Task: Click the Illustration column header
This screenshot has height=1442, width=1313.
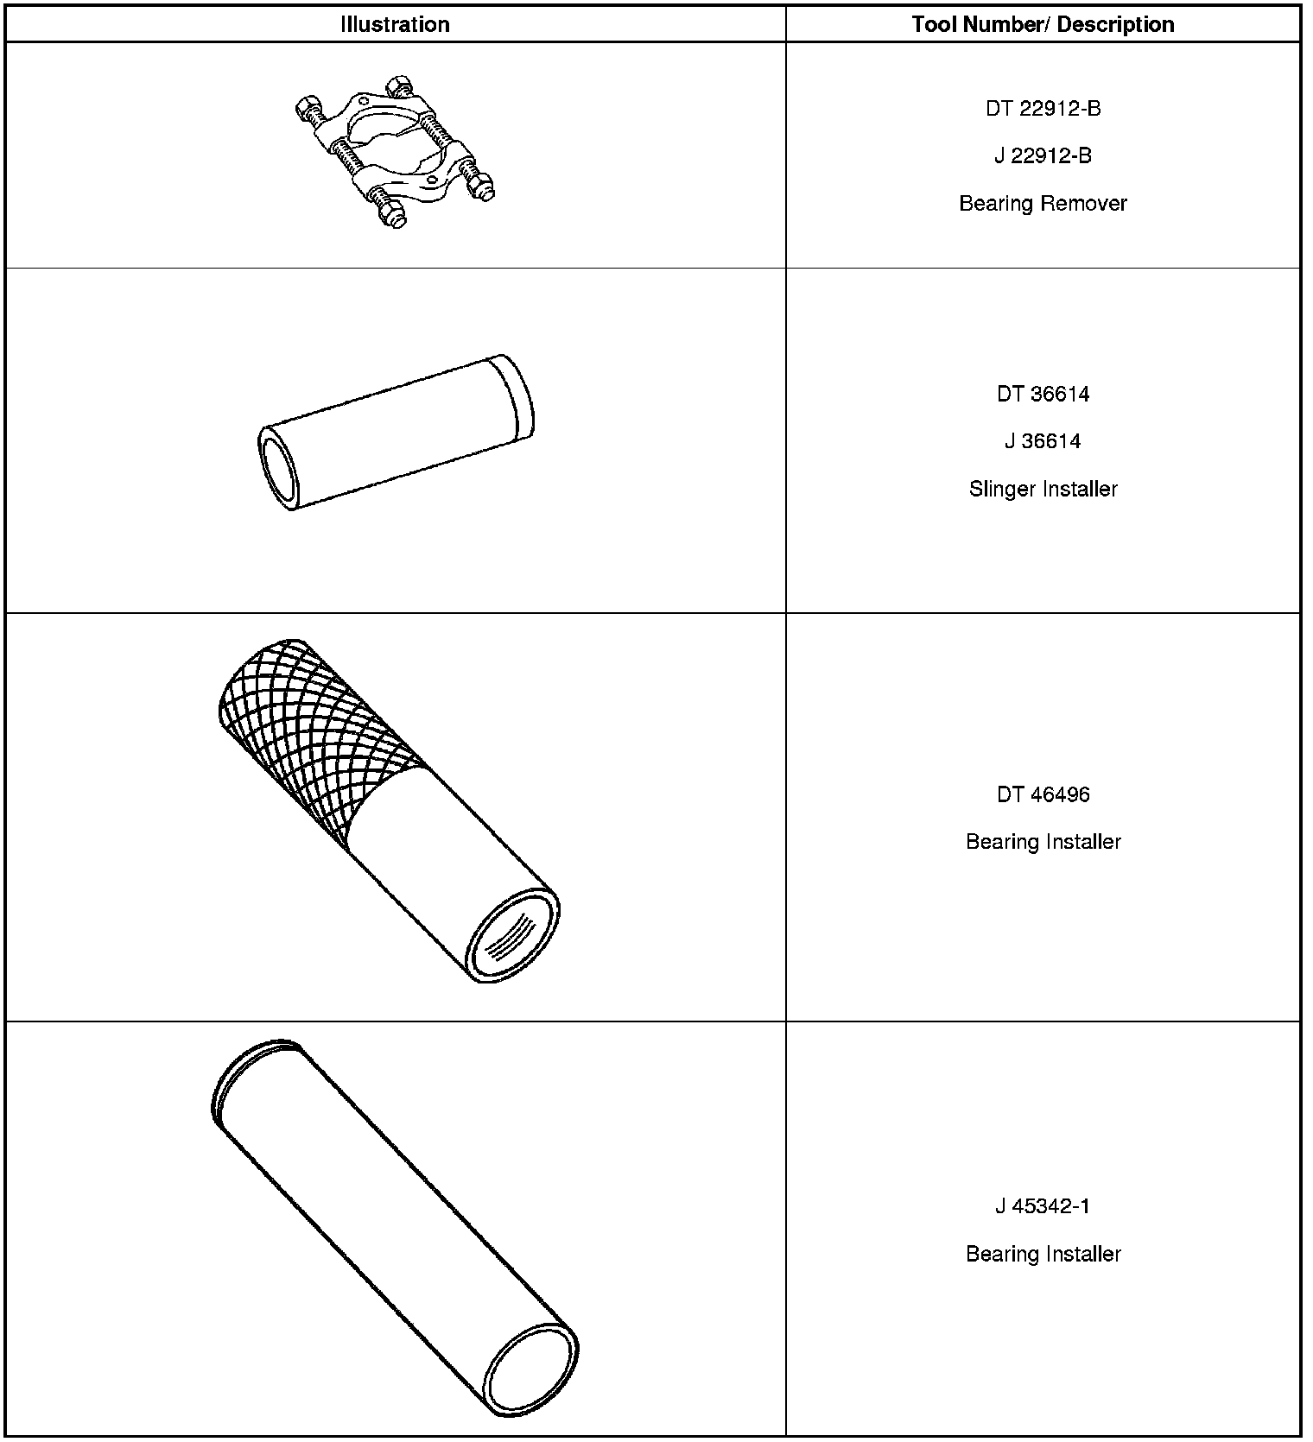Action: point(395,24)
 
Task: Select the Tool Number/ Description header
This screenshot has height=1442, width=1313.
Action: point(1043,24)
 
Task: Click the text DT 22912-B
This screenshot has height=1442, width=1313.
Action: point(1043,109)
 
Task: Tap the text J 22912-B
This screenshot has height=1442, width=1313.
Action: point(1043,156)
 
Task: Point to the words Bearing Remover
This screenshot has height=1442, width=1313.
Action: point(1043,204)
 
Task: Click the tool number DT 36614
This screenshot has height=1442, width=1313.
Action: point(1043,395)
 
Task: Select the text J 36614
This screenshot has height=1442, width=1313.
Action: point(1043,442)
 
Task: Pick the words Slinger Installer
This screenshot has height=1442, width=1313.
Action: point(1043,490)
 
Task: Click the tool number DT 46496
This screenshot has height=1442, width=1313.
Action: point(1043,795)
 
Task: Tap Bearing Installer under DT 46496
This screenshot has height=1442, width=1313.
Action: point(1043,842)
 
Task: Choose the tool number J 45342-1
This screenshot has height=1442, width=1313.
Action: point(1043,1206)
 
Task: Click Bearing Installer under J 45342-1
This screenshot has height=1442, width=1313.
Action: point(1043,1254)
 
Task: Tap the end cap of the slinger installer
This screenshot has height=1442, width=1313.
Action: point(513,395)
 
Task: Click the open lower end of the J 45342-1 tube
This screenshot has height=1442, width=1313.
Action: point(530,1369)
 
